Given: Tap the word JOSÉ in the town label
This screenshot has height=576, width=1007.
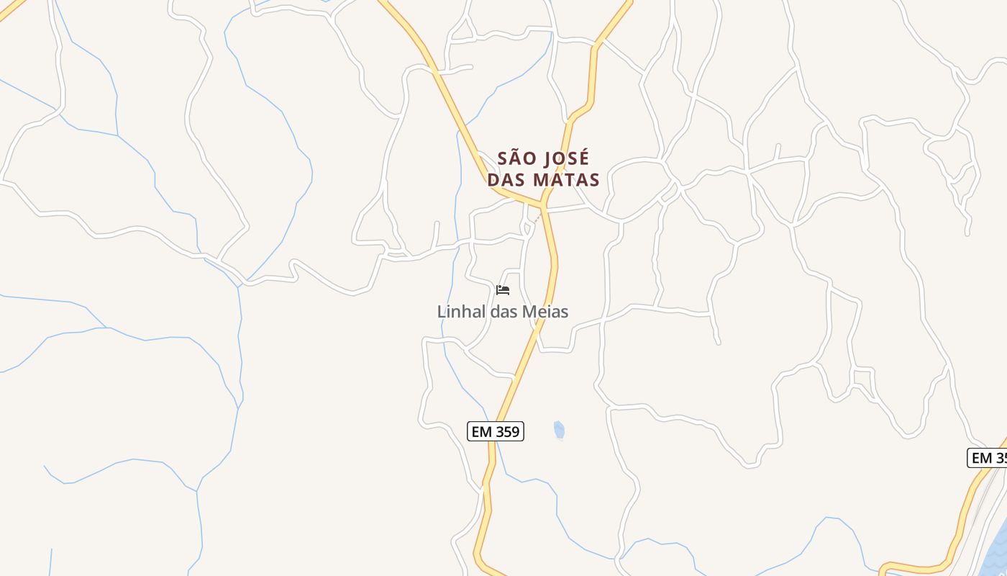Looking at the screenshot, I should (564, 158).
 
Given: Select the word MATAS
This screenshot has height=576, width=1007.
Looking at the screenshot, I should (565, 179).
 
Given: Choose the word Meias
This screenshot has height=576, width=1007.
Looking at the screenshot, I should (544, 312).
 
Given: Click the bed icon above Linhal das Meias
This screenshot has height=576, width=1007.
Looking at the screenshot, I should (503, 290).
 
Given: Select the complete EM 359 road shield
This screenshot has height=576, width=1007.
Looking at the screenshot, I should (496, 431).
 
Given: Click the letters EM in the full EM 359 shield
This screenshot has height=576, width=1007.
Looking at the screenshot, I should (482, 431).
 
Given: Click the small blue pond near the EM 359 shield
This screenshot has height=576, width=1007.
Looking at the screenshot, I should (559, 430).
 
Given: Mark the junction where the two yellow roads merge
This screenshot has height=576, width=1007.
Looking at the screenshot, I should (544, 206).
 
